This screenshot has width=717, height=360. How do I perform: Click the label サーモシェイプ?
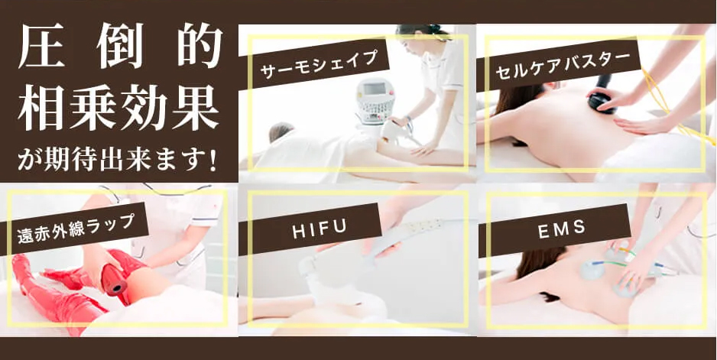click(x=319, y=64)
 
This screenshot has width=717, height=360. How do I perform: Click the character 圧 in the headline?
click(x=41, y=46)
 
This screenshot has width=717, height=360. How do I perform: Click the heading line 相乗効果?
click(x=118, y=109)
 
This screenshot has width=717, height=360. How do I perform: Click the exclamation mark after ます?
click(x=213, y=161)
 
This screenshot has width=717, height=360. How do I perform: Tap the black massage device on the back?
click(x=602, y=96)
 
